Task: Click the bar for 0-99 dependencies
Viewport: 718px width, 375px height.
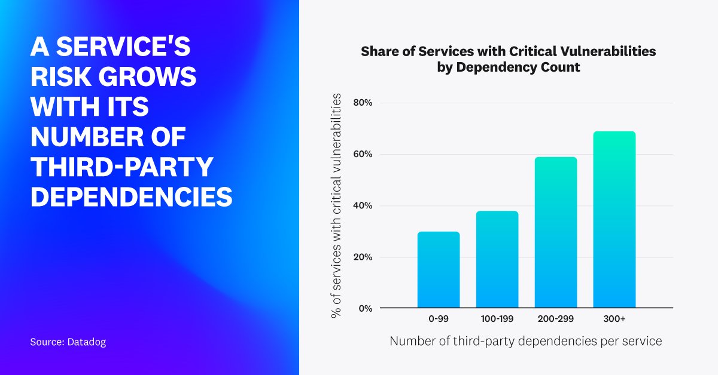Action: coord(439,270)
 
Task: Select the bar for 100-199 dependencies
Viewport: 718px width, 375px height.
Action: coord(497,260)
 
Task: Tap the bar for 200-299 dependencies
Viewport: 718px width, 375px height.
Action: coord(556,233)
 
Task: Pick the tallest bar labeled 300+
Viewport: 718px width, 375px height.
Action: coord(614,220)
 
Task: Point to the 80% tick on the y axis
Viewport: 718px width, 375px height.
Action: coord(363,103)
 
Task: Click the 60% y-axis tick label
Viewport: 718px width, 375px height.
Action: coord(363,154)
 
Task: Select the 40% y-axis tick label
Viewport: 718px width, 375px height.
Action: coord(363,206)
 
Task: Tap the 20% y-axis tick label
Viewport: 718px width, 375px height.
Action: coord(363,257)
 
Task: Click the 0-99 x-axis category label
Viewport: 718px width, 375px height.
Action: coord(439,319)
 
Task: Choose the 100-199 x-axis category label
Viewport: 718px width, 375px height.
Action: coord(497,319)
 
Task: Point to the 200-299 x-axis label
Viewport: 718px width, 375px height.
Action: coord(556,319)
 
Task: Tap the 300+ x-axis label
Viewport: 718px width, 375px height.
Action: coord(614,319)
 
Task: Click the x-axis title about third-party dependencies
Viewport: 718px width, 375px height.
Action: coord(526,342)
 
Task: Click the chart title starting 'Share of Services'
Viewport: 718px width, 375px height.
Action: coord(508,59)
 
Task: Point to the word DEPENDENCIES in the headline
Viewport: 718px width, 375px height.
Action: coord(131,197)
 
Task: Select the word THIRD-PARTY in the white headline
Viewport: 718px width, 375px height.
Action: coord(121,167)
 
